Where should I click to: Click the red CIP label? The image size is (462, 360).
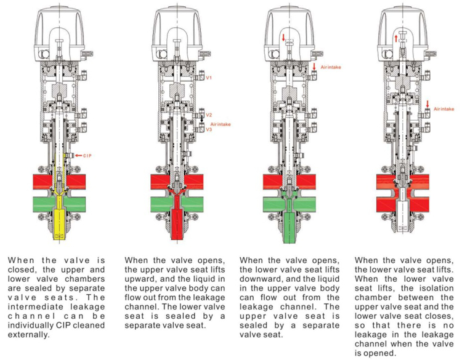(x=87, y=156)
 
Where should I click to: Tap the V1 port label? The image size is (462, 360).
(x=209, y=78)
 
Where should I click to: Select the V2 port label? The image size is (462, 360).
(x=209, y=115)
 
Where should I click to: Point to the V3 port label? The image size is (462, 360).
(x=209, y=129)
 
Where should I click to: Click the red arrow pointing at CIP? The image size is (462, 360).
(x=78, y=156)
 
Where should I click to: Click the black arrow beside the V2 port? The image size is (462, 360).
(x=202, y=119)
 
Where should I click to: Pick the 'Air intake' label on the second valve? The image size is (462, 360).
(x=221, y=124)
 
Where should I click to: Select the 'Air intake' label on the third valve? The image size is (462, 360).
(x=331, y=67)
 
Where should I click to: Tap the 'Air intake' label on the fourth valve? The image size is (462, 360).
(x=444, y=109)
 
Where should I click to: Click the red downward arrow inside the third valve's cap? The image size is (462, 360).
(x=283, y=38)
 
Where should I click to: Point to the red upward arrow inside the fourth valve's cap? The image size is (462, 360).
(x=396, y=38)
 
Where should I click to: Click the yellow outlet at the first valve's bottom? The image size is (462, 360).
(x=60, y=224)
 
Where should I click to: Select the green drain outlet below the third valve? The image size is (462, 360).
(x=289, y=227)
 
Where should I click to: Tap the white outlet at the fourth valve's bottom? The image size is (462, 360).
(x=402, y=218)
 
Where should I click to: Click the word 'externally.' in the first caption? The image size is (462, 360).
(x=27, y=335)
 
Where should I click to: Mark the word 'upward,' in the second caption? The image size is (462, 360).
(x=137, y=279)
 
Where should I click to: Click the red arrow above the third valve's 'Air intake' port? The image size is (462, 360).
(x=314, y=66)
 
